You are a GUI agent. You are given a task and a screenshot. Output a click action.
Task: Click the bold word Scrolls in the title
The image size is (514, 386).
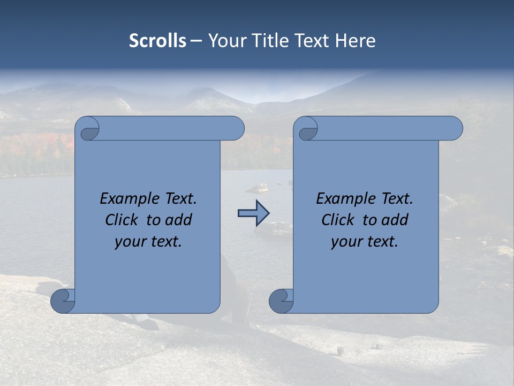pyautogui.click(x=157, y=41)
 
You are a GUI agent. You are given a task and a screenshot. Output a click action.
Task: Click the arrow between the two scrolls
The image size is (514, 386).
pyautogui.click(x=253, y=213)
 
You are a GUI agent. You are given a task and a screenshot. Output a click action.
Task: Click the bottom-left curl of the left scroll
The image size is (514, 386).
pyautogui.click(x=63, y=301)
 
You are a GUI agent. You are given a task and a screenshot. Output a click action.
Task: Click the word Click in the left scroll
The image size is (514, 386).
pyautogui.click(x=121, y=220)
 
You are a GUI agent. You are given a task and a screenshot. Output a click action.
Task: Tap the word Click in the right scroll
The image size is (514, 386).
pyautogui.click(x=337, y=220)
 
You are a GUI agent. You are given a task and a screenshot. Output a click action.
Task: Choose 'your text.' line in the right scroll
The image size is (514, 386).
pyautogui.click(x=365, y=242)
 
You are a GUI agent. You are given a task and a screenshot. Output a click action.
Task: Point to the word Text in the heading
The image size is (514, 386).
pyautogui.click(x=312, y=41)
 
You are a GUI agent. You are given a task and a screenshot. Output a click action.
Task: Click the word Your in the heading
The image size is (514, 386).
pyautogui.click(x=226, y=41)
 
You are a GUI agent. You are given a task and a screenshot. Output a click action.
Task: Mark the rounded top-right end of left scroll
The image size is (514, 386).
pyautogui.click(x=236, y=129)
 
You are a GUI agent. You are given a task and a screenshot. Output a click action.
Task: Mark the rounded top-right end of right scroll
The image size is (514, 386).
pyautogui.click(x=454, y=129)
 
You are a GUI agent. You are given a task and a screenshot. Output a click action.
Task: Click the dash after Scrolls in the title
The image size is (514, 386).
pyautogui.click(x=196, y=41)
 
